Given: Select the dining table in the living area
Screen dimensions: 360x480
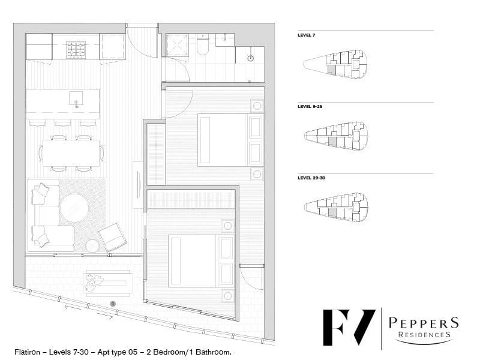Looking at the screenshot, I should tap(71, 152).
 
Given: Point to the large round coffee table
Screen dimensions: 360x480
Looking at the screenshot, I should tap(74, 208).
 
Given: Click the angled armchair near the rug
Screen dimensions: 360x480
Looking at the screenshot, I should tap(113, 236).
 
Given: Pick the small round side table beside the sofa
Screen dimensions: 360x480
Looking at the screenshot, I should tap(92, 245).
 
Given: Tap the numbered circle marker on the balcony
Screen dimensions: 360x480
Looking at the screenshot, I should tap(112, 304).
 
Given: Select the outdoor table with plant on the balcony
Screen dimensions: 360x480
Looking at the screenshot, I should tap(108, 283).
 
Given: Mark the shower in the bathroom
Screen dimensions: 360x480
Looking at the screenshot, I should tap(177, 45).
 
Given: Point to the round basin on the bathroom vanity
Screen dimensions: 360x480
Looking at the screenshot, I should tap(250, 58).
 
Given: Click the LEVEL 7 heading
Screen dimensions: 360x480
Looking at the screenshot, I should tap(307, 35).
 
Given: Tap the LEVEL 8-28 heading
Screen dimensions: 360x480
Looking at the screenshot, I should tap(311, 106).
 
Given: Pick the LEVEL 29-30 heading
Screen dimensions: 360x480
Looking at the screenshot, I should tap(312, 178).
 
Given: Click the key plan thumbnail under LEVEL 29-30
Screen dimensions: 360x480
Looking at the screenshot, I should tap(336, 206).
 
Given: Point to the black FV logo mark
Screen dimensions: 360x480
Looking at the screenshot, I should tap(349, 327).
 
